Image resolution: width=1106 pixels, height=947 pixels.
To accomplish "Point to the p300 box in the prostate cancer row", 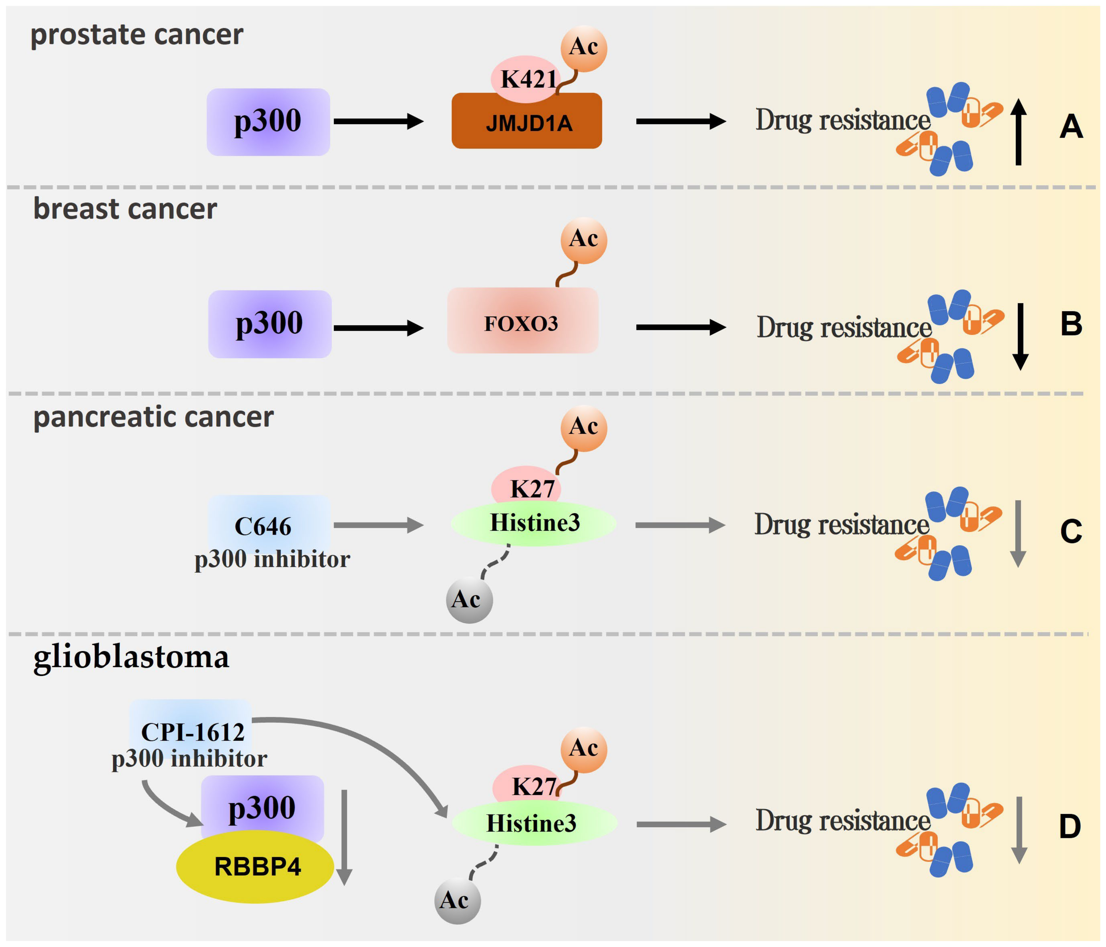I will (x=268, y=122).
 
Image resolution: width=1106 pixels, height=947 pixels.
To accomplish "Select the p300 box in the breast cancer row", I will (x=269, y=324).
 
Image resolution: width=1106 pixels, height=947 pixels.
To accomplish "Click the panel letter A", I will (x=1071, y=127).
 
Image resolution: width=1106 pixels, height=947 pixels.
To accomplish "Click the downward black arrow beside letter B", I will (x=1020, y=336).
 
